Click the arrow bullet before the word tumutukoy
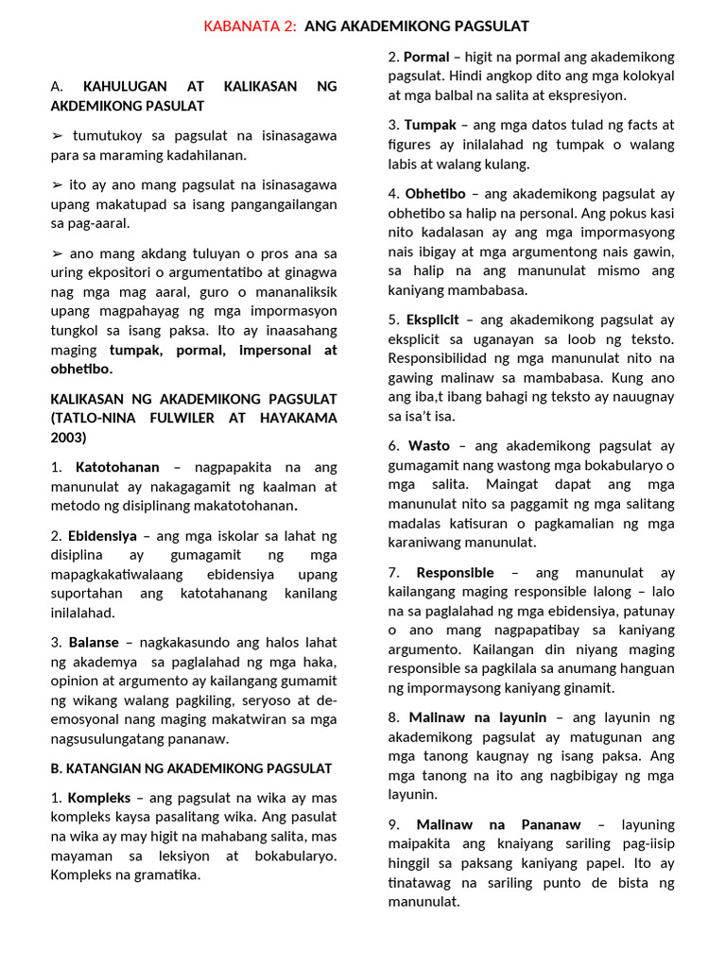[58, 136]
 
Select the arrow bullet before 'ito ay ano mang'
[58, 185]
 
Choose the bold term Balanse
[94, 643]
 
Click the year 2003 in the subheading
[68, 437]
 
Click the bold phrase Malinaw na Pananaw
[498, 825]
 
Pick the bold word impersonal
[268, 350]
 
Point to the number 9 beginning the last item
[392, 825]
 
